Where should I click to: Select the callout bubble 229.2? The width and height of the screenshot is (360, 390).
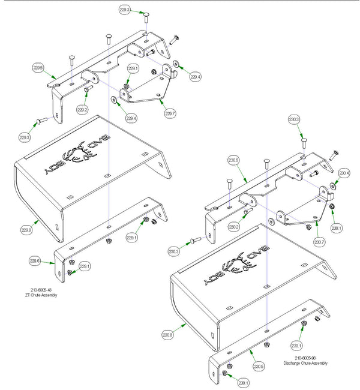pyautogui.click(x=83, y=110)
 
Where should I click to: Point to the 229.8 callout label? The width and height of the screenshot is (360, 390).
pyautogui.click(x=26, y=229)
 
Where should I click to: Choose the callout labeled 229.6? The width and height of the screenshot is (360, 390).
pyautogui.click(x=35, y=260)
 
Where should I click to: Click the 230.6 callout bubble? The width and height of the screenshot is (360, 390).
pyautogui.click(x=233, y=160)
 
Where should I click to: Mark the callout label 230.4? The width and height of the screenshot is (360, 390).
pyautogui.click(x=344, y=173)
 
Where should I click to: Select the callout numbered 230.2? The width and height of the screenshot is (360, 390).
pyautogui.click(x=234, y=227)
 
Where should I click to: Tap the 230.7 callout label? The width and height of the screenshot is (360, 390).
pyautogui.click(x=319, y=242)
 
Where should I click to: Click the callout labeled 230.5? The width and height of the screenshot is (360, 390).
pyautogui.click(x=258, y=366)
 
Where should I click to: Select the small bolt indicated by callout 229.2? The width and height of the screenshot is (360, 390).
pyautogui.click(x=88, y=90)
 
